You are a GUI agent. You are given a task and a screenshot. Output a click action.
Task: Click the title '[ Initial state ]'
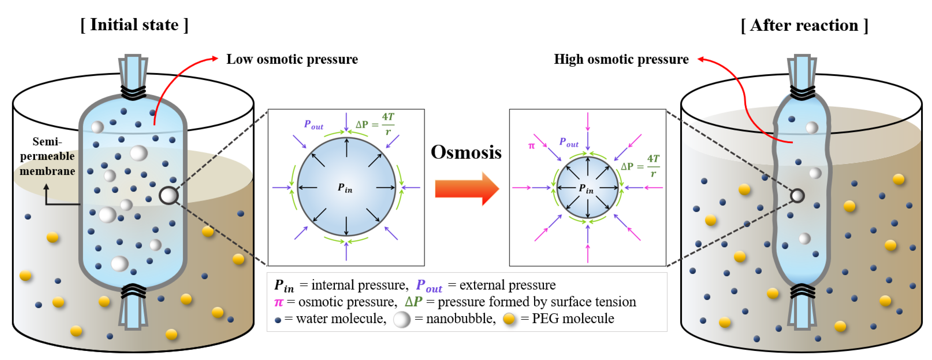click(134, 25)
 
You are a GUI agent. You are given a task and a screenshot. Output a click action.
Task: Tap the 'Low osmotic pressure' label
click(292, 59)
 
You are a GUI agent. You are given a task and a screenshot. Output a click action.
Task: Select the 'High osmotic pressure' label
click(621, 59)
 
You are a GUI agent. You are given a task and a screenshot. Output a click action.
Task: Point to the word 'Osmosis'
click(466, 152)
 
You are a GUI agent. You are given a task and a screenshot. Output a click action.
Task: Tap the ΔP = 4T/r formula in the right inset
click(640, 166)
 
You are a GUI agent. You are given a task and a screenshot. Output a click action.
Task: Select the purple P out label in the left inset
click(313, 125)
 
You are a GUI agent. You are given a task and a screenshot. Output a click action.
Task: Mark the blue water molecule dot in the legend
click(278, 320)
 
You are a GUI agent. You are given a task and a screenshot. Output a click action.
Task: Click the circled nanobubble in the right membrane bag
click(797, 196)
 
